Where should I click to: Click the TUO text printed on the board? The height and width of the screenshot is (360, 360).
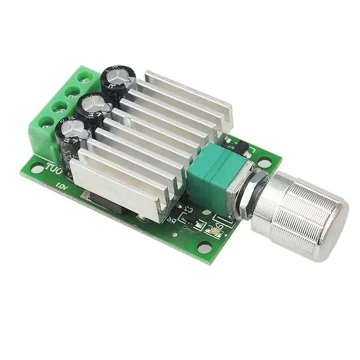pyautogui.click(x=53, y=168)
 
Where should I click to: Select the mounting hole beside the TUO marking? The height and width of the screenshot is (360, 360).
pyautogui.click(x=37, y=168)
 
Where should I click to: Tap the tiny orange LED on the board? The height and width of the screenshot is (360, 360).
pyautogui.click(x=213, y=230)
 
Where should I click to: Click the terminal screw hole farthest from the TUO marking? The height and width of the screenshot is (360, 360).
pyautogui.click(x=85, y=75)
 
